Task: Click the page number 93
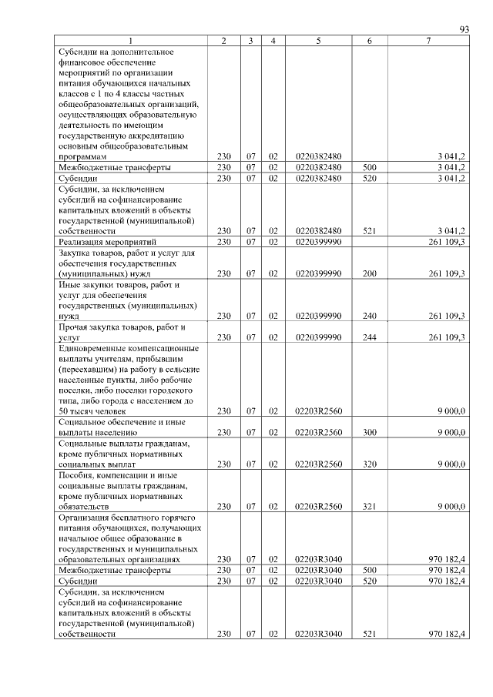[x=464, y=29]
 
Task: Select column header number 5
[x=318, y=41]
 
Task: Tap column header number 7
[x=428, y=41]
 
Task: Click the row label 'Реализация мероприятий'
[x=101, y=242]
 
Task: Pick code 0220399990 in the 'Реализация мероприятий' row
[x=318, y=242]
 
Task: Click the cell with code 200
[x=370, y=273]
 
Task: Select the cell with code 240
[x=370, y=316]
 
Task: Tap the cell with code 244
[x=370, y=337]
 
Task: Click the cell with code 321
[x=370, y=507]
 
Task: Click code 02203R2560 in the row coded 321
[x=318, y=507]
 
